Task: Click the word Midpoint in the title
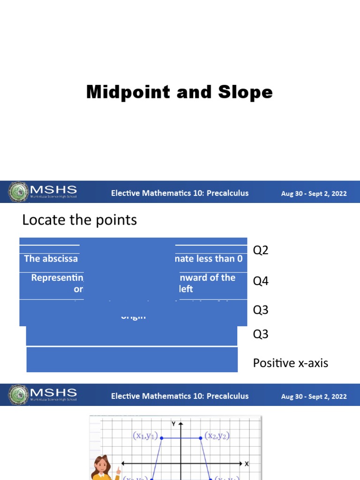point(128,92)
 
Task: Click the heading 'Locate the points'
point(80,220)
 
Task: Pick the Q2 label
point(261,250)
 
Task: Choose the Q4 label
point(261,281)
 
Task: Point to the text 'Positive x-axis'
point(291,363)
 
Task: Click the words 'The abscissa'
point(51,259)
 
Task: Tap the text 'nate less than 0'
point(209,259)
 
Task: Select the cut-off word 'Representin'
point(57,277)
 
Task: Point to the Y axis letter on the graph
point(174,424)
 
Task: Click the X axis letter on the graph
point(247,464)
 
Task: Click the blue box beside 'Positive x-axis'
point(132,360)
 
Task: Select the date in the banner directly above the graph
point(314,396)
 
